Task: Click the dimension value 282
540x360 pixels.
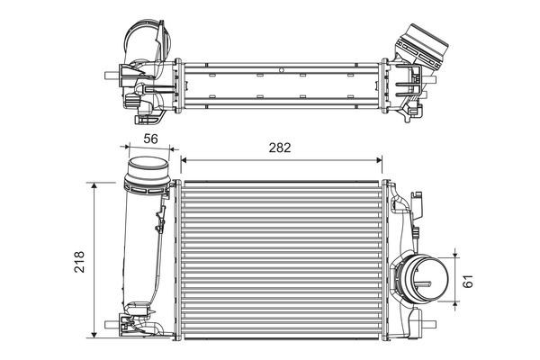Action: [280, 148]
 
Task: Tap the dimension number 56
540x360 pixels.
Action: [150, 139]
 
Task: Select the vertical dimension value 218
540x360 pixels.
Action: [79, 262]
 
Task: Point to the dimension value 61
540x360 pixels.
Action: [468, 281]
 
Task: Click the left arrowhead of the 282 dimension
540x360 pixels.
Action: [184, 160]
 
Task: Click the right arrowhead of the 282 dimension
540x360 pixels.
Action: [380, 160]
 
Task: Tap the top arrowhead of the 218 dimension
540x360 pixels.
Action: [94, 185]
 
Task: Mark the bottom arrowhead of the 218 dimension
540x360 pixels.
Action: [94, 335]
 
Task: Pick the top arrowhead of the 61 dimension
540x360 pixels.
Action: [455, 255]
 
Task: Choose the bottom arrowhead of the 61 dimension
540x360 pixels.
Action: [455, 304]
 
